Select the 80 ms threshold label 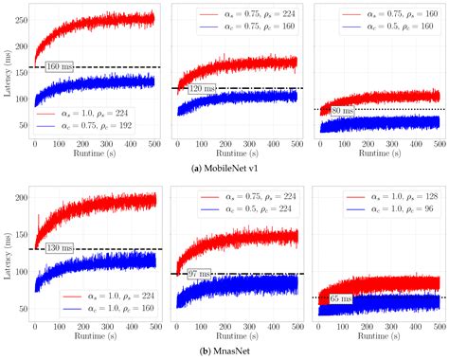(341, 111)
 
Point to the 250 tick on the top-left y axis (21, 18)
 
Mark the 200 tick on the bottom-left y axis (21, 201)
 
